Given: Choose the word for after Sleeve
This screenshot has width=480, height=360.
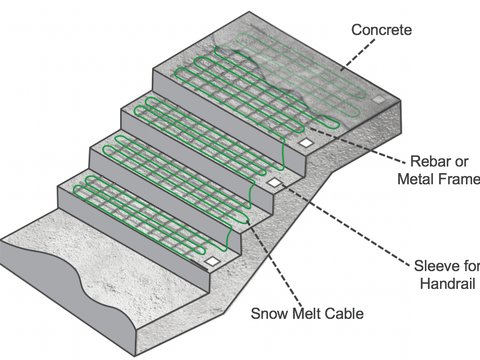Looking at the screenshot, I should (x=471, y=266).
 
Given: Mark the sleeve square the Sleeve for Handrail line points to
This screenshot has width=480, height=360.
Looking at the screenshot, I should (x=271, y=183).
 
